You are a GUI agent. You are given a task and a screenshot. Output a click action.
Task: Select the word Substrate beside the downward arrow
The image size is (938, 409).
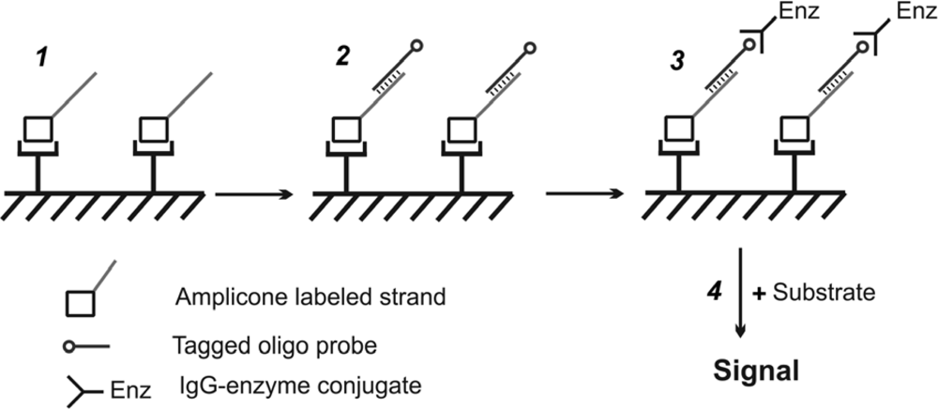click(x=824, y=293)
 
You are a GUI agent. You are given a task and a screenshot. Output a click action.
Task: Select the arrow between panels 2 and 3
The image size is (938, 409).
click(x=584, y=195)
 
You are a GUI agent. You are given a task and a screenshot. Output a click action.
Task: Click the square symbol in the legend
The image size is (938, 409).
click(x=80, y=303)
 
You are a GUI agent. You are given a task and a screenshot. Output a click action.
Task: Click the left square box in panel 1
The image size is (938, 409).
click(x=38, y=129)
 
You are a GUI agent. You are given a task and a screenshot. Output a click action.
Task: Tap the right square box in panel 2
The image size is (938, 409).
click(x=460, y=129)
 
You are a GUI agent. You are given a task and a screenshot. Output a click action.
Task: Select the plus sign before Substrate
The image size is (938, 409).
click(x=761, y=293)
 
